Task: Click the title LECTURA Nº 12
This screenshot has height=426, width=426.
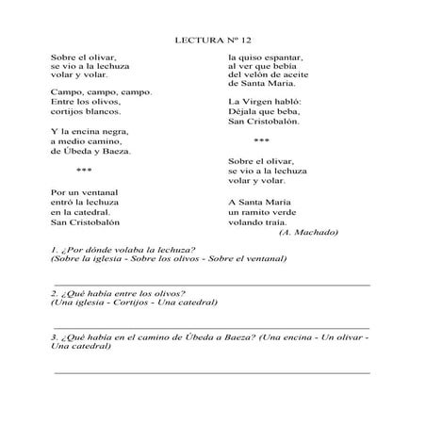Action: (214, 41)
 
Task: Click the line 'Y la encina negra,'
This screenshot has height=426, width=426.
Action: (89, 131)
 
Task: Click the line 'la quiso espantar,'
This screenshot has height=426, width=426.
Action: (268, 58)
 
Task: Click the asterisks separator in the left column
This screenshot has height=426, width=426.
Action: (84, 171)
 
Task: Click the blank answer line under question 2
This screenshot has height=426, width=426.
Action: (212, 324)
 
